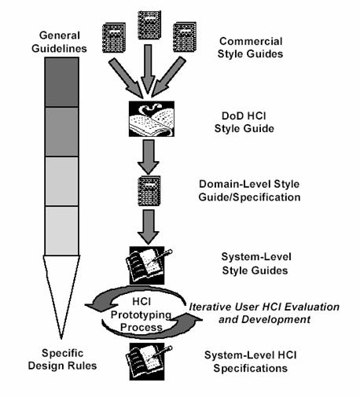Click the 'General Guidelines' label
coord(59,42)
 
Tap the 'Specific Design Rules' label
coord(62,359)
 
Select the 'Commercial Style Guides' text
coord(250,47)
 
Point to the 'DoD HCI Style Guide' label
coord(244,122)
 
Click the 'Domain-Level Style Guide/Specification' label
coord(249,190)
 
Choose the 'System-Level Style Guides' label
coord(255,263)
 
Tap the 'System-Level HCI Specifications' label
coord(251,362)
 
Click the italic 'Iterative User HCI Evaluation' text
coord(264,307)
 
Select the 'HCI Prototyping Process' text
coord(141,314)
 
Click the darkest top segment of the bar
coord(61,82)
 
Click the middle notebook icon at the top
coord(149,25)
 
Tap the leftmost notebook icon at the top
coord(114,38)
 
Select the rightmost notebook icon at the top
coord(185,37)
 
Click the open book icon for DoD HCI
coord(152,119)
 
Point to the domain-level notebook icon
coord(149,191)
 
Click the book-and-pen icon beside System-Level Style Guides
coord(149,265)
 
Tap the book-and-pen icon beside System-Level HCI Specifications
coord(149,362)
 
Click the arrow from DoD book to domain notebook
coord(149,156)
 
